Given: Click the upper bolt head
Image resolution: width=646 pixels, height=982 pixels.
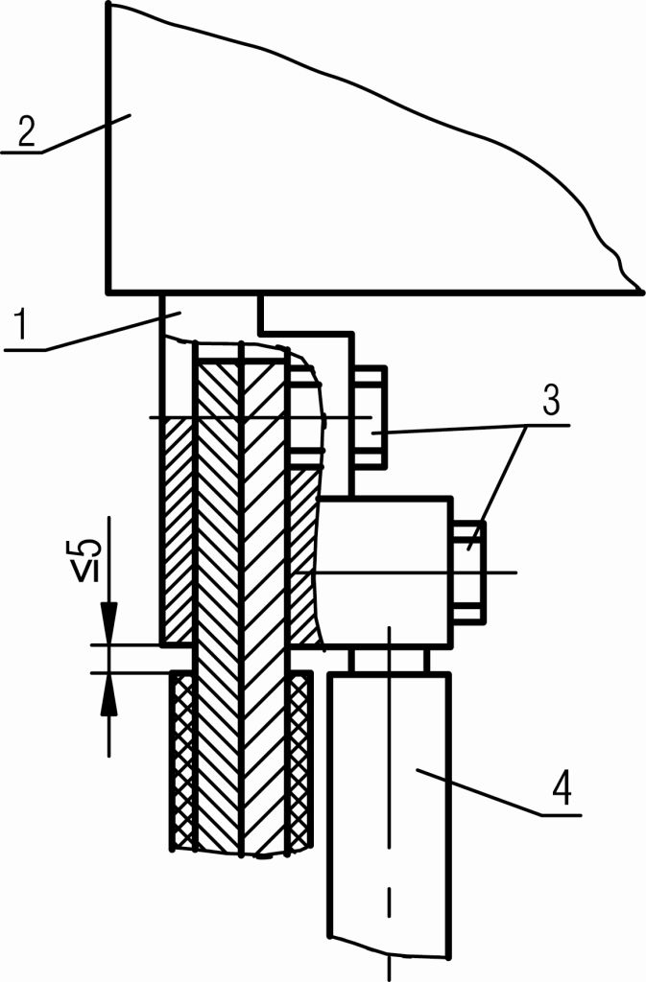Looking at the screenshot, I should [371, 417].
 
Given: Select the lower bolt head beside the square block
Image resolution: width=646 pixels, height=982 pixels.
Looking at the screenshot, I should [468, 573].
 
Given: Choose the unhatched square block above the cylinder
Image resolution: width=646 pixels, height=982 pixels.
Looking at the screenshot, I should [384, 571].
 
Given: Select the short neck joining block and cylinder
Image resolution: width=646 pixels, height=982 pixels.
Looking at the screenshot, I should [389, 660].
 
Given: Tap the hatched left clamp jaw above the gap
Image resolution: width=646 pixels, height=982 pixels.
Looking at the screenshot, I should [179, 527].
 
